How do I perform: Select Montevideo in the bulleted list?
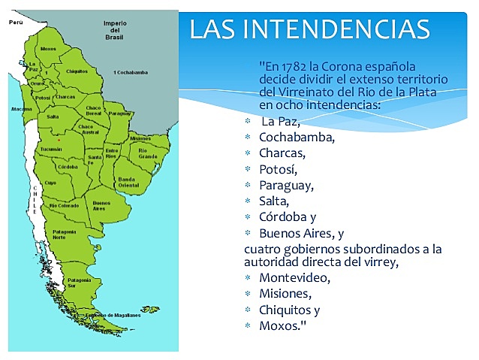point(294,277)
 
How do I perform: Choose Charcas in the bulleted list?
point(282,153)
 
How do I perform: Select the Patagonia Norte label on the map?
point(65,234)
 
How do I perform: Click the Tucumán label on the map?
point(52,149)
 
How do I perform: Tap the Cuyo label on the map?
point(51,183)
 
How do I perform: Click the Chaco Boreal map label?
point(93,110)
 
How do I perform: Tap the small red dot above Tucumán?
point(58,140)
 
